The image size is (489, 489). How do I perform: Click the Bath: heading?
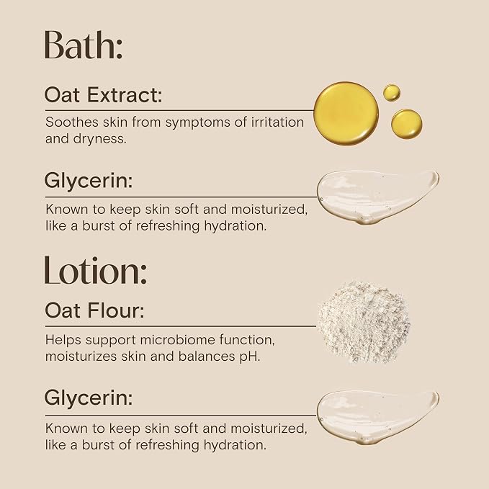[x=84, y=45]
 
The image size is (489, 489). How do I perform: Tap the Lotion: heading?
[x=96, y=270]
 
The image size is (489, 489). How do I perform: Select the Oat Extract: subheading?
[x=103, y=95]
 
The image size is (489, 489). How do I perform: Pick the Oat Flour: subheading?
[x=94, y=310]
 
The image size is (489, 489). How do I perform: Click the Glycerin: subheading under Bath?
[x=89, y=181]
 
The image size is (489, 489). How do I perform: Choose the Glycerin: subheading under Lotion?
[x=89, y=398]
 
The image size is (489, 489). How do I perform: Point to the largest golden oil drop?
[x=346, y=114]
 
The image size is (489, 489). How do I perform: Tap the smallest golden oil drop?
[x=392, y=93]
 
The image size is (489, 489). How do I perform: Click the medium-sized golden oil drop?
[x=407, y=124]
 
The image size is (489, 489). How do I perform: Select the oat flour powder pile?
[x=364, y=323]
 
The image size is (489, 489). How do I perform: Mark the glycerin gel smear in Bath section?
[x=377, y=197]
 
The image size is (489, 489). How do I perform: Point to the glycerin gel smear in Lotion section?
[x=377, y=417]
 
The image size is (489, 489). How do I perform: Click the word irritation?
[x=277, y=122]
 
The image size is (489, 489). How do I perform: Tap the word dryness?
[x=100, y=140]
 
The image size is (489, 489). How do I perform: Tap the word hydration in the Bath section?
[x=235, y=226]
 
